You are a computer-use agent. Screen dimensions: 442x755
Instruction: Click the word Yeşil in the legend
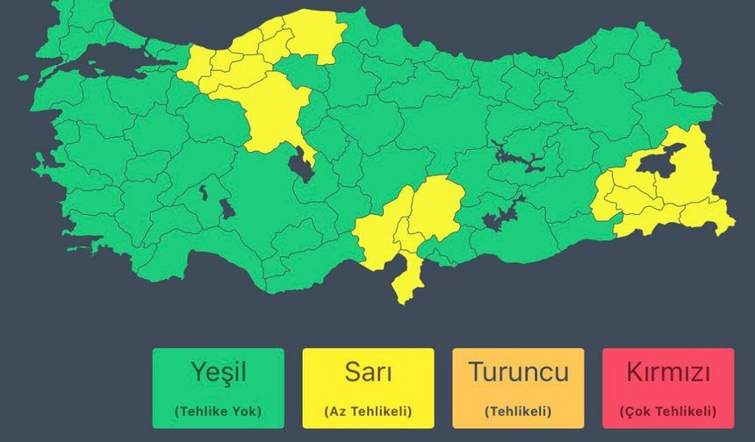(x=218, y=372)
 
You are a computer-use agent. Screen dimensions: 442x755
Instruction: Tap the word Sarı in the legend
(x=368, y=372)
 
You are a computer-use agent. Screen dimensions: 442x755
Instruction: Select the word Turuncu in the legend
(x=518, y=372)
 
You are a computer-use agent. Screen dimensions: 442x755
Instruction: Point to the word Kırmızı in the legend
(x=667, y=372)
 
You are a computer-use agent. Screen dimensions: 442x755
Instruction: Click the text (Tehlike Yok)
(x=218, y=410)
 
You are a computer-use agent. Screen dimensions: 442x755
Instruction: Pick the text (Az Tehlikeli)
(x=368, y=410)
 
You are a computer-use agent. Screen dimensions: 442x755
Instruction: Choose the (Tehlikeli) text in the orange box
(x=518, y=410)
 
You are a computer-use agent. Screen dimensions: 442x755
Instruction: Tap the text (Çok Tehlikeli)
(x=667, y=410)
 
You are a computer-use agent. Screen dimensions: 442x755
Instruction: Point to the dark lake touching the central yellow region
(x=301, y=165)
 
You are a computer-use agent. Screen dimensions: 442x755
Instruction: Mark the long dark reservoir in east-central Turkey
(x=518, y=158)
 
